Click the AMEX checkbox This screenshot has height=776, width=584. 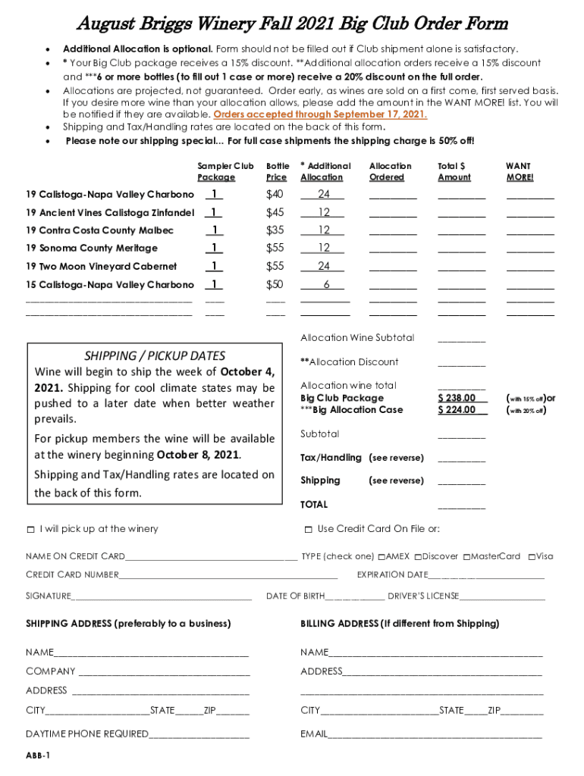tap(381, 557)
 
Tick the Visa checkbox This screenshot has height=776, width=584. tap(532, 557)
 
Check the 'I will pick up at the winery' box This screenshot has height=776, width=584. tap(30, 529)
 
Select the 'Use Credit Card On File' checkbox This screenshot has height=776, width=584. tap(308, 529)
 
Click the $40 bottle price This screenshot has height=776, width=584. tap(275, 195)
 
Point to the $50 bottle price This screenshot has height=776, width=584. tap(275, 285)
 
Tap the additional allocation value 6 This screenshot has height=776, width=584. tap(326, 285)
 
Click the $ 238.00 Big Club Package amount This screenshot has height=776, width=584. tap(457, 398)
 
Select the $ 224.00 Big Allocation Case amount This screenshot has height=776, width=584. tap(457, 410)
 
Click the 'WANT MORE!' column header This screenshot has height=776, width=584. tap(520, 171)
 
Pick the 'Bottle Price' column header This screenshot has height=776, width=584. tap(278, 171)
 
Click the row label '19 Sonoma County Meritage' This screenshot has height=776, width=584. tap(92, 249)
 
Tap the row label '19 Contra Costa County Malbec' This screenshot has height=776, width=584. tap(99, 230)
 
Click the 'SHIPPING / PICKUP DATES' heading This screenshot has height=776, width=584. tap(154, 355)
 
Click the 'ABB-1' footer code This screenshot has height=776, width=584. tap(38, 756)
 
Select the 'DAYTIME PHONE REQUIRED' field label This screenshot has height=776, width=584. tap(87, 734)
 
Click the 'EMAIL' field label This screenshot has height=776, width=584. tap(314, 734)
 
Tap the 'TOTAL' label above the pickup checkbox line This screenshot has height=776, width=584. tap(314, 505)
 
